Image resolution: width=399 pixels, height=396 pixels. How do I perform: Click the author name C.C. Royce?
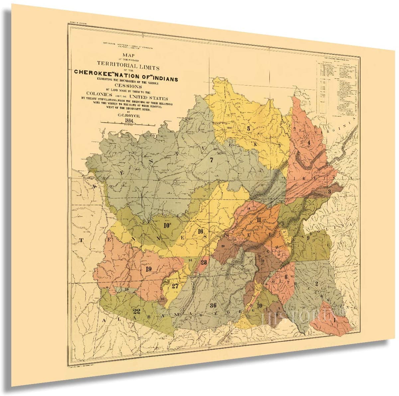[x=128, y=114]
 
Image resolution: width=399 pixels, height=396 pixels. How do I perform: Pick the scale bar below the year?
[x=128, y=124]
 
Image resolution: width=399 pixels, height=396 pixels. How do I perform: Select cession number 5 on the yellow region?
[x=248, y=127]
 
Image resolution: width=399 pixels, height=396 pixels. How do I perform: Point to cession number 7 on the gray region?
[x=211, y=160]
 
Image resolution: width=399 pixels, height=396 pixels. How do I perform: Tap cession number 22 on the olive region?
[x=137, y=311]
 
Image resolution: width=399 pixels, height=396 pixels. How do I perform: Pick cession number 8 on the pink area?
[x=285, y=277]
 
